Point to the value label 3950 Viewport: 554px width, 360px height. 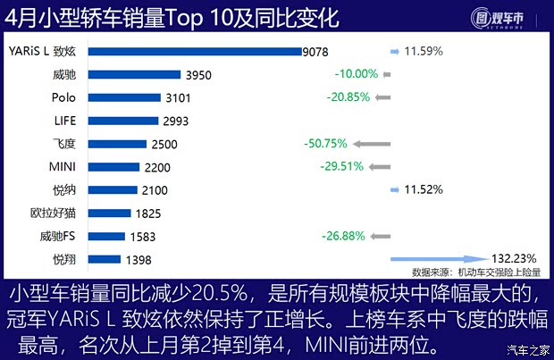197,75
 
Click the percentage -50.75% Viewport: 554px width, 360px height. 325,143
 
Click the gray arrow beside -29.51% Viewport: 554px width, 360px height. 379,166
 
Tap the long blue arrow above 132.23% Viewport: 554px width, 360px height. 441,259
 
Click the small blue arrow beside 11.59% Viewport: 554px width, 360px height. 396,51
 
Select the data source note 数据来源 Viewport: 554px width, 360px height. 476,271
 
